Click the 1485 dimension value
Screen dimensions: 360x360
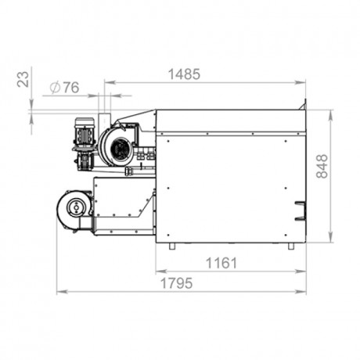point(184,74)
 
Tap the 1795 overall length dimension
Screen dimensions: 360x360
point(177,283)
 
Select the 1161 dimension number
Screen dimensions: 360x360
point(221,263)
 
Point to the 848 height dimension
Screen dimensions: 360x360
point(322,166)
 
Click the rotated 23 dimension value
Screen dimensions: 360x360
point(23,79)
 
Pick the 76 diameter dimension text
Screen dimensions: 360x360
point(71,88)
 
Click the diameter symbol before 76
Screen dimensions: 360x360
point(55,88)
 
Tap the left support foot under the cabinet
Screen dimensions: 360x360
point(171,246)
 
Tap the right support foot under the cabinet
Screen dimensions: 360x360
point(291,246)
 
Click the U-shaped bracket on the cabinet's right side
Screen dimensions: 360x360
point(300,211)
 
